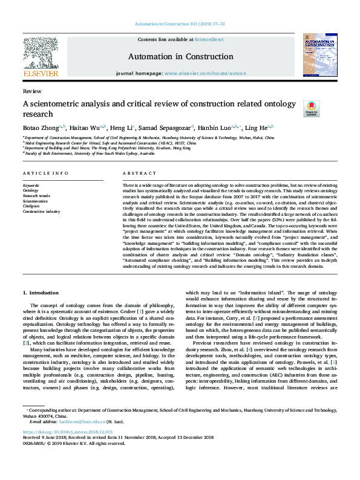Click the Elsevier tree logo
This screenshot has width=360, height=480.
[x=41, y=53]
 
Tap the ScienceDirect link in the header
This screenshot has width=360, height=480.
[x=209, y=39]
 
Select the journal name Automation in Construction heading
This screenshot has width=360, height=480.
[x=180, y=57]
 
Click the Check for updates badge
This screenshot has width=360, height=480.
[x=311, y=108]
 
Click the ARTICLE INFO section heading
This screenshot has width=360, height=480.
[x=45, y=173]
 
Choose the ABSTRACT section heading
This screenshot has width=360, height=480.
[x=136, y=173]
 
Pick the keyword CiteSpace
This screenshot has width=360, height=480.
[x=32, y=206]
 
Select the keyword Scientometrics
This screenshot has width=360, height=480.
[x=36, y=201]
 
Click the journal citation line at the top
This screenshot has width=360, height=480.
[x=180, y=24]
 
